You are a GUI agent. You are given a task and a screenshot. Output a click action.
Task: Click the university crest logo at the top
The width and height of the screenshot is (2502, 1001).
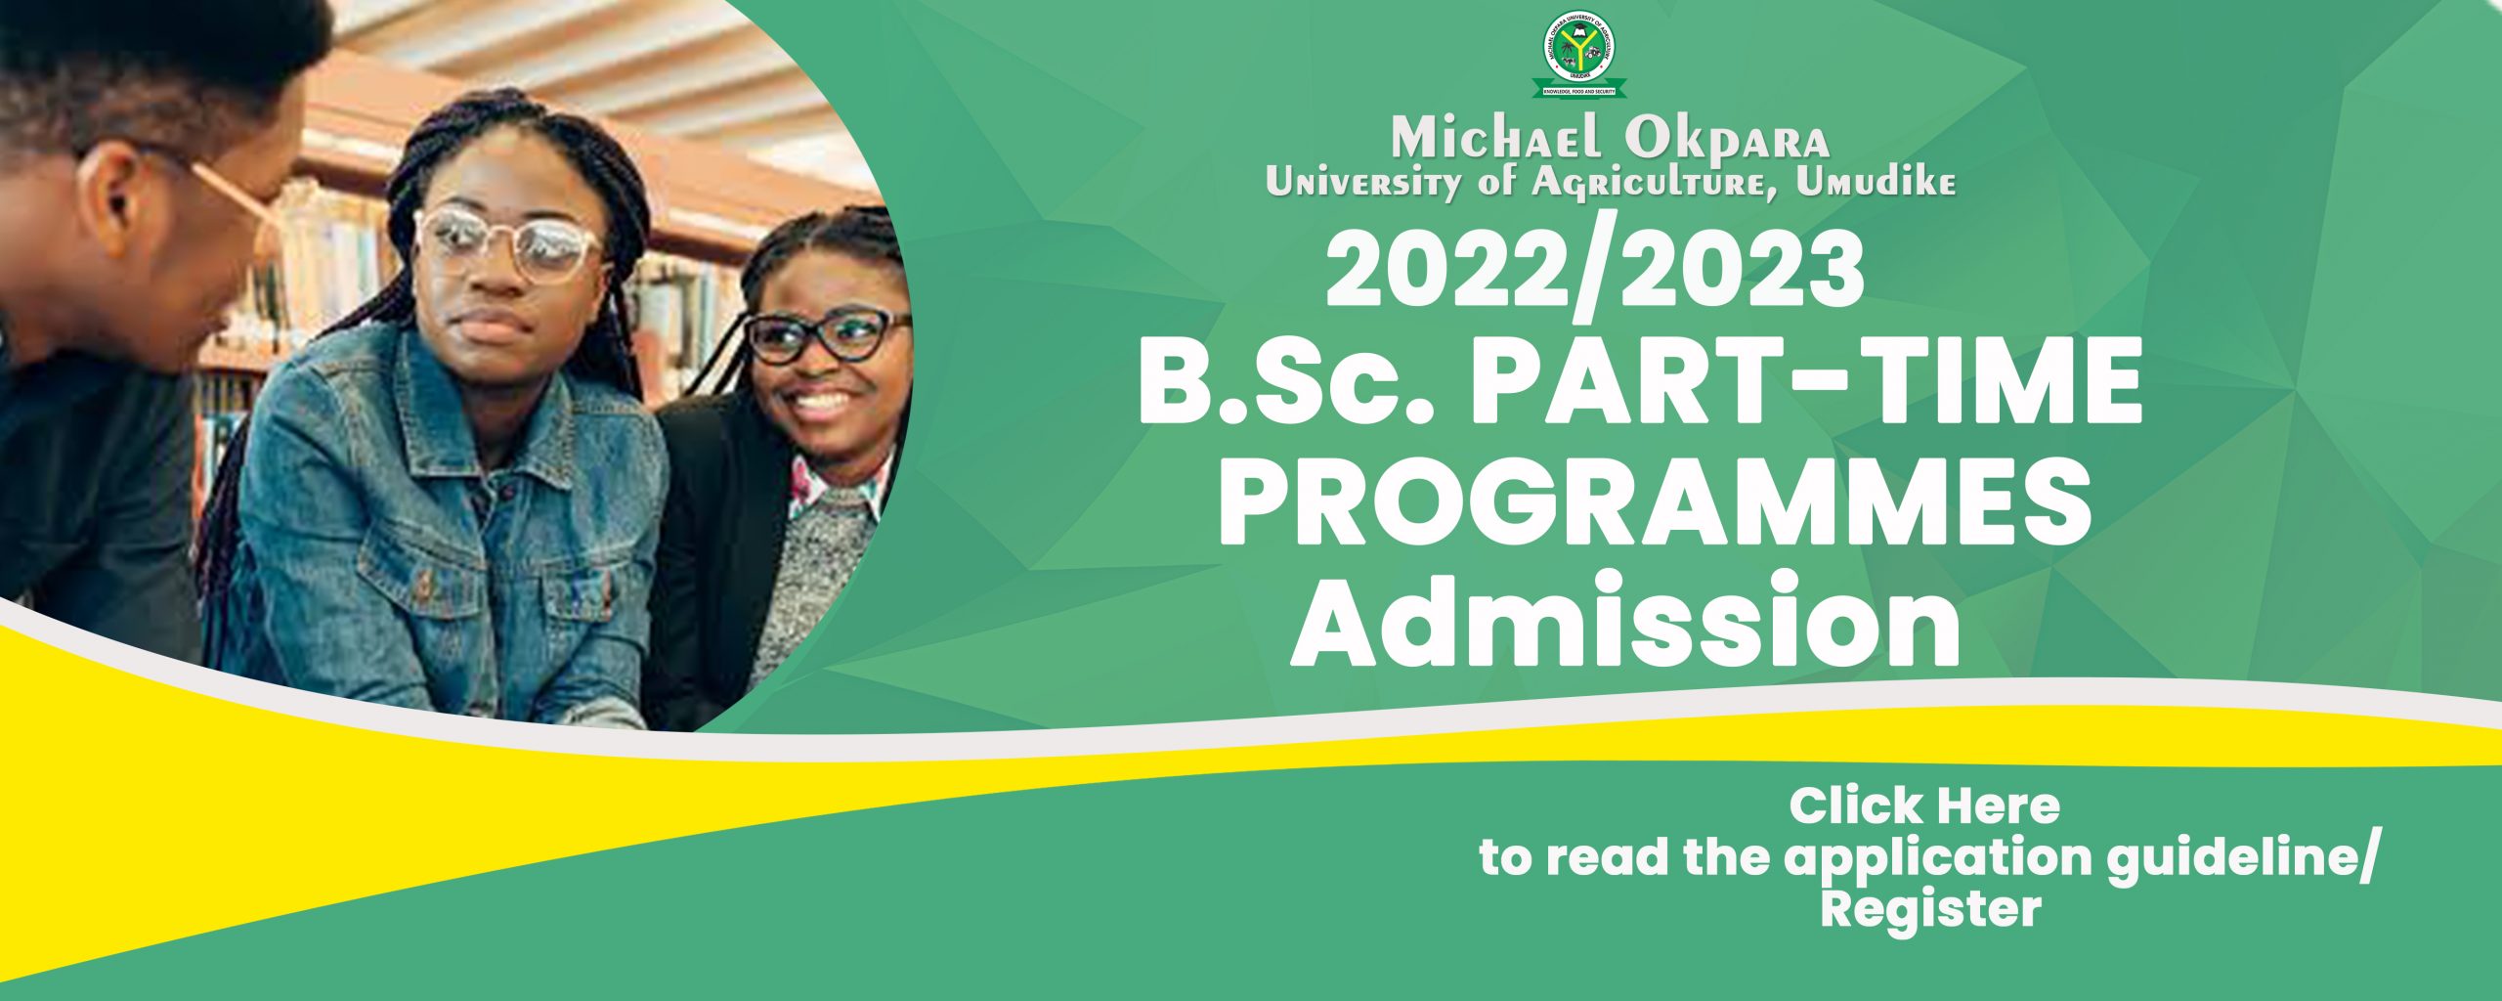(x=1578, y=58)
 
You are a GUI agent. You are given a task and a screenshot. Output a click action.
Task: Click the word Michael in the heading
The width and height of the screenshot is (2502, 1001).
(x=1497, y=140)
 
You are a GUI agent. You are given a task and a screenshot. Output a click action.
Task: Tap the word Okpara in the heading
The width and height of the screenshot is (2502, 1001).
(x=1727, y=140)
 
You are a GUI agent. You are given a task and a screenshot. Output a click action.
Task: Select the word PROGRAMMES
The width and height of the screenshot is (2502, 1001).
(x=1654, y=507)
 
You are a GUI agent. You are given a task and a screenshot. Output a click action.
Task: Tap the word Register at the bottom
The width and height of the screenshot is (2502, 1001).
(x=1930, y=909)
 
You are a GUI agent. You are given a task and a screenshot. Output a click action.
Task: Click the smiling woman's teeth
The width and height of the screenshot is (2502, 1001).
(x=822, y=400)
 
